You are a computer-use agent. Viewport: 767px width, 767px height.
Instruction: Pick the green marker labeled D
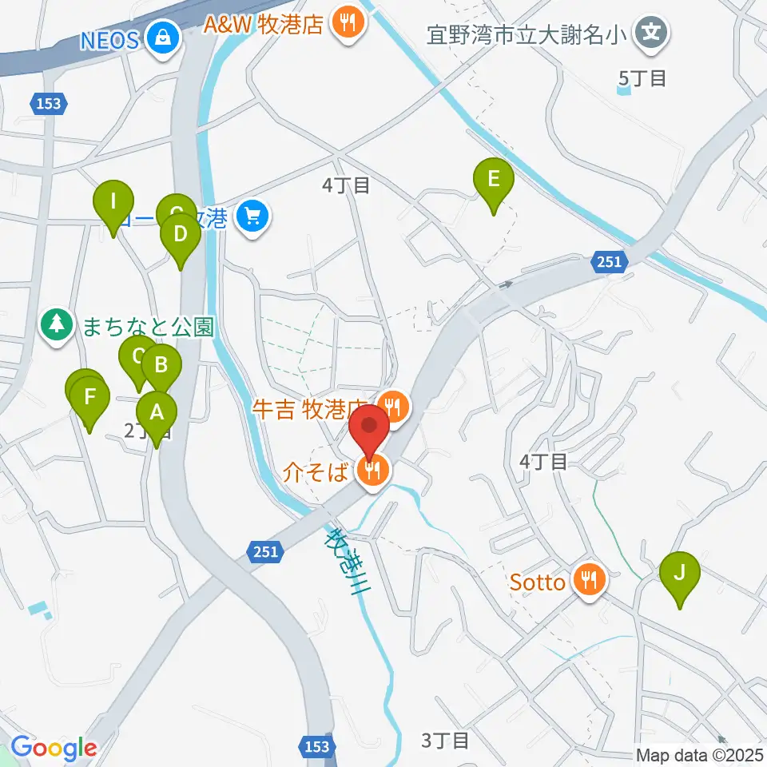[x=180, y=235]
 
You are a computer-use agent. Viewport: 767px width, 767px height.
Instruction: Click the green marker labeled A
[x=157, y=414]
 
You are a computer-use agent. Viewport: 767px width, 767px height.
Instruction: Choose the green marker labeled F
[x=89, y=395]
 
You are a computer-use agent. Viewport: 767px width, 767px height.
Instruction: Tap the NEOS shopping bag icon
[x=163, y=38]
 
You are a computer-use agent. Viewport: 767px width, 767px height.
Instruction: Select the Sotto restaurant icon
[x=590, y=581]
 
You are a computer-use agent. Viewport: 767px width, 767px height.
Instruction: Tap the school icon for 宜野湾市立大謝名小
[x=652, y=33]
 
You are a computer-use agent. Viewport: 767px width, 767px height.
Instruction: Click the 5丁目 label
[x=642, y=78]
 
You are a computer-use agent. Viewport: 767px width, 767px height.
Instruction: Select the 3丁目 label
[x=445, y=741]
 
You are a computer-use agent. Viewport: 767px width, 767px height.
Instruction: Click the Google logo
[x=54, y=748]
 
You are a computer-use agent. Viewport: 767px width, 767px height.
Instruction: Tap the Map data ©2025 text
[x=699, y=754]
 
